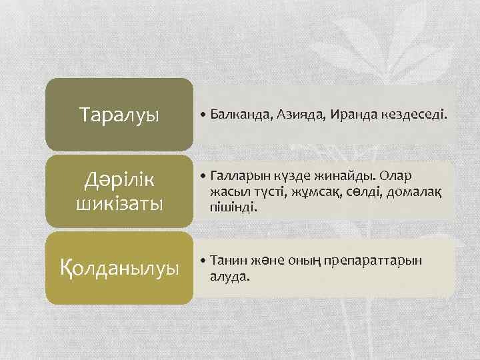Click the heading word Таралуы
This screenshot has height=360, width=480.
119,115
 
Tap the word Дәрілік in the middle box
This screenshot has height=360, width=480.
119,179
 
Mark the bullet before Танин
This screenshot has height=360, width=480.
203,261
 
